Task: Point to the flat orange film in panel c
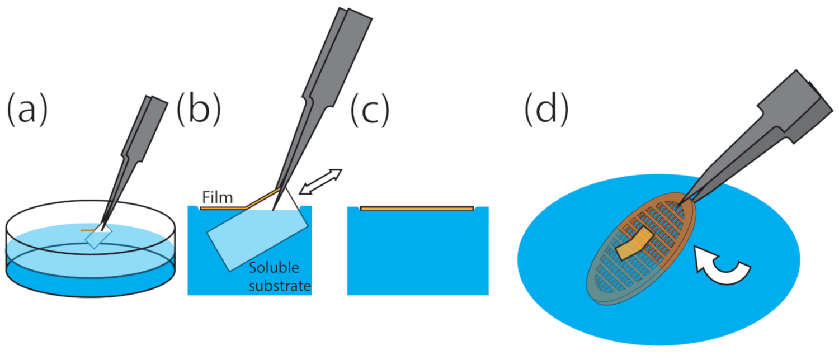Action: [x=417, y=209]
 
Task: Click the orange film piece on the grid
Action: [x=634, y=245]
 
